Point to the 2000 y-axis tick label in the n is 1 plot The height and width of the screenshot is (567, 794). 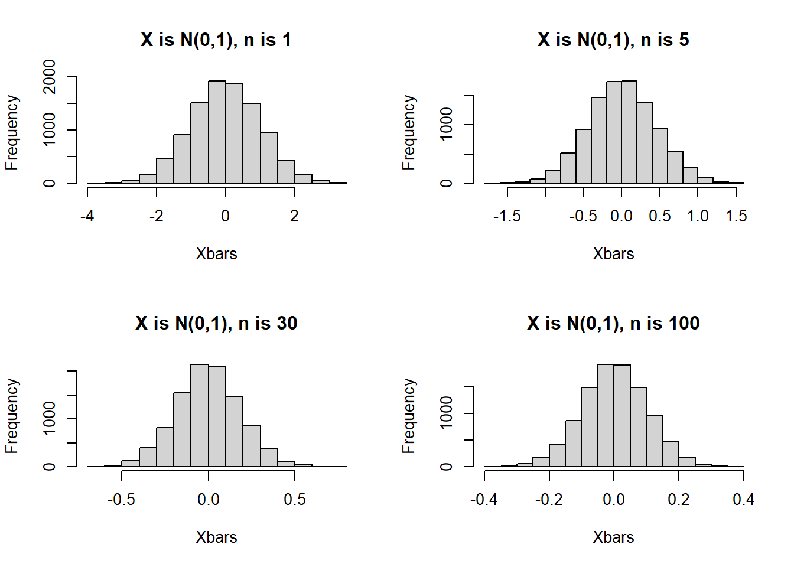(50, 77)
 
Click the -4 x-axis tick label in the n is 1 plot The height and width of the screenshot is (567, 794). (87, 216)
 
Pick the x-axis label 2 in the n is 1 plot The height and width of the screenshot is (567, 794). (294, 216)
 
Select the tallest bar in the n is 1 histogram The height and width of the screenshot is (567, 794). (217, 132)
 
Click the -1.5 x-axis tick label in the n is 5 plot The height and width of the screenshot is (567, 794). (507, 216)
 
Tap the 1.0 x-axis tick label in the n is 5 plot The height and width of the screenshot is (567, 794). (698, 216)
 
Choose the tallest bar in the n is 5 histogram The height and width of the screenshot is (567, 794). (629, 132)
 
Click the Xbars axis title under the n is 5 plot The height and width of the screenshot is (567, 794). (613, 254)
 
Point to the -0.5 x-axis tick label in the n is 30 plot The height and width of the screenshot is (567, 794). (121, 500)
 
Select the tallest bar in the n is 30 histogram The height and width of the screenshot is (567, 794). (200, 416)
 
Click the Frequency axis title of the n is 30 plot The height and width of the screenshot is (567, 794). (12, 416)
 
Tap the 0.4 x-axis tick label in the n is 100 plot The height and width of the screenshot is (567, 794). (743, 500)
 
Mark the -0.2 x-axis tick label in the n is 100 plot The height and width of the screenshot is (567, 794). (549, 500)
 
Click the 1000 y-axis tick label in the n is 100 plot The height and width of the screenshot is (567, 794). (447, 413)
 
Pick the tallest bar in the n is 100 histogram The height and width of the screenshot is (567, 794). (606, 416)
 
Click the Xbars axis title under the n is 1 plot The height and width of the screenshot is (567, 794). (216, 254)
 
